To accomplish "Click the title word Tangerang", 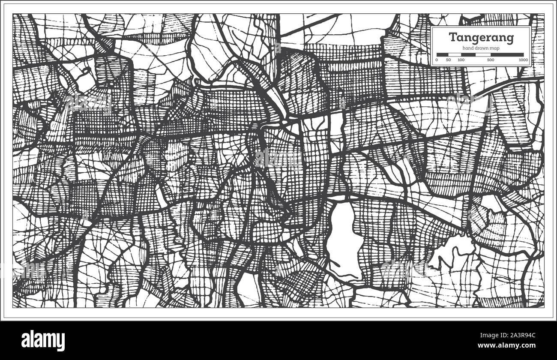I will click(x=481, y=37).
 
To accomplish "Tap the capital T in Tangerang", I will click(x=452, y=37).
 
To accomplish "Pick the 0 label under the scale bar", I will click(x=437, y=60).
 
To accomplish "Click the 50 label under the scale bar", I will click(x=448, y=60).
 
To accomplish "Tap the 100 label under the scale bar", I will click(x=461, y=60).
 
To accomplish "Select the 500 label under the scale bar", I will click(x=491, y=60).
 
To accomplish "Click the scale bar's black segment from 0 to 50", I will click(x=443, y=54).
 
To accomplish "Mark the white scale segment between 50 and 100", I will click(x=455, y=54).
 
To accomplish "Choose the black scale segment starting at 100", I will click(x=468, y=54).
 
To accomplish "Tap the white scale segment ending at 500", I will click(x=483, y=54).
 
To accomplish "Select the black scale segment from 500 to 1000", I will click(x=507, y=54).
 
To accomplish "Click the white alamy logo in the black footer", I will click(x=43, y=340).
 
